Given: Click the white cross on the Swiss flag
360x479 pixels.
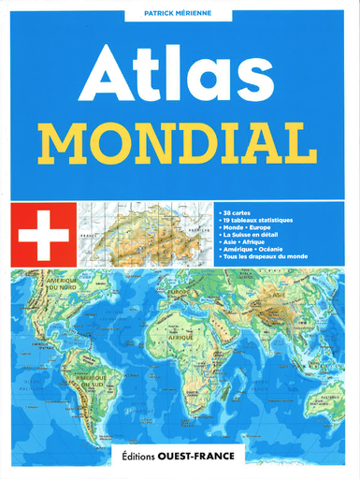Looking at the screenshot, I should [43, 236].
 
